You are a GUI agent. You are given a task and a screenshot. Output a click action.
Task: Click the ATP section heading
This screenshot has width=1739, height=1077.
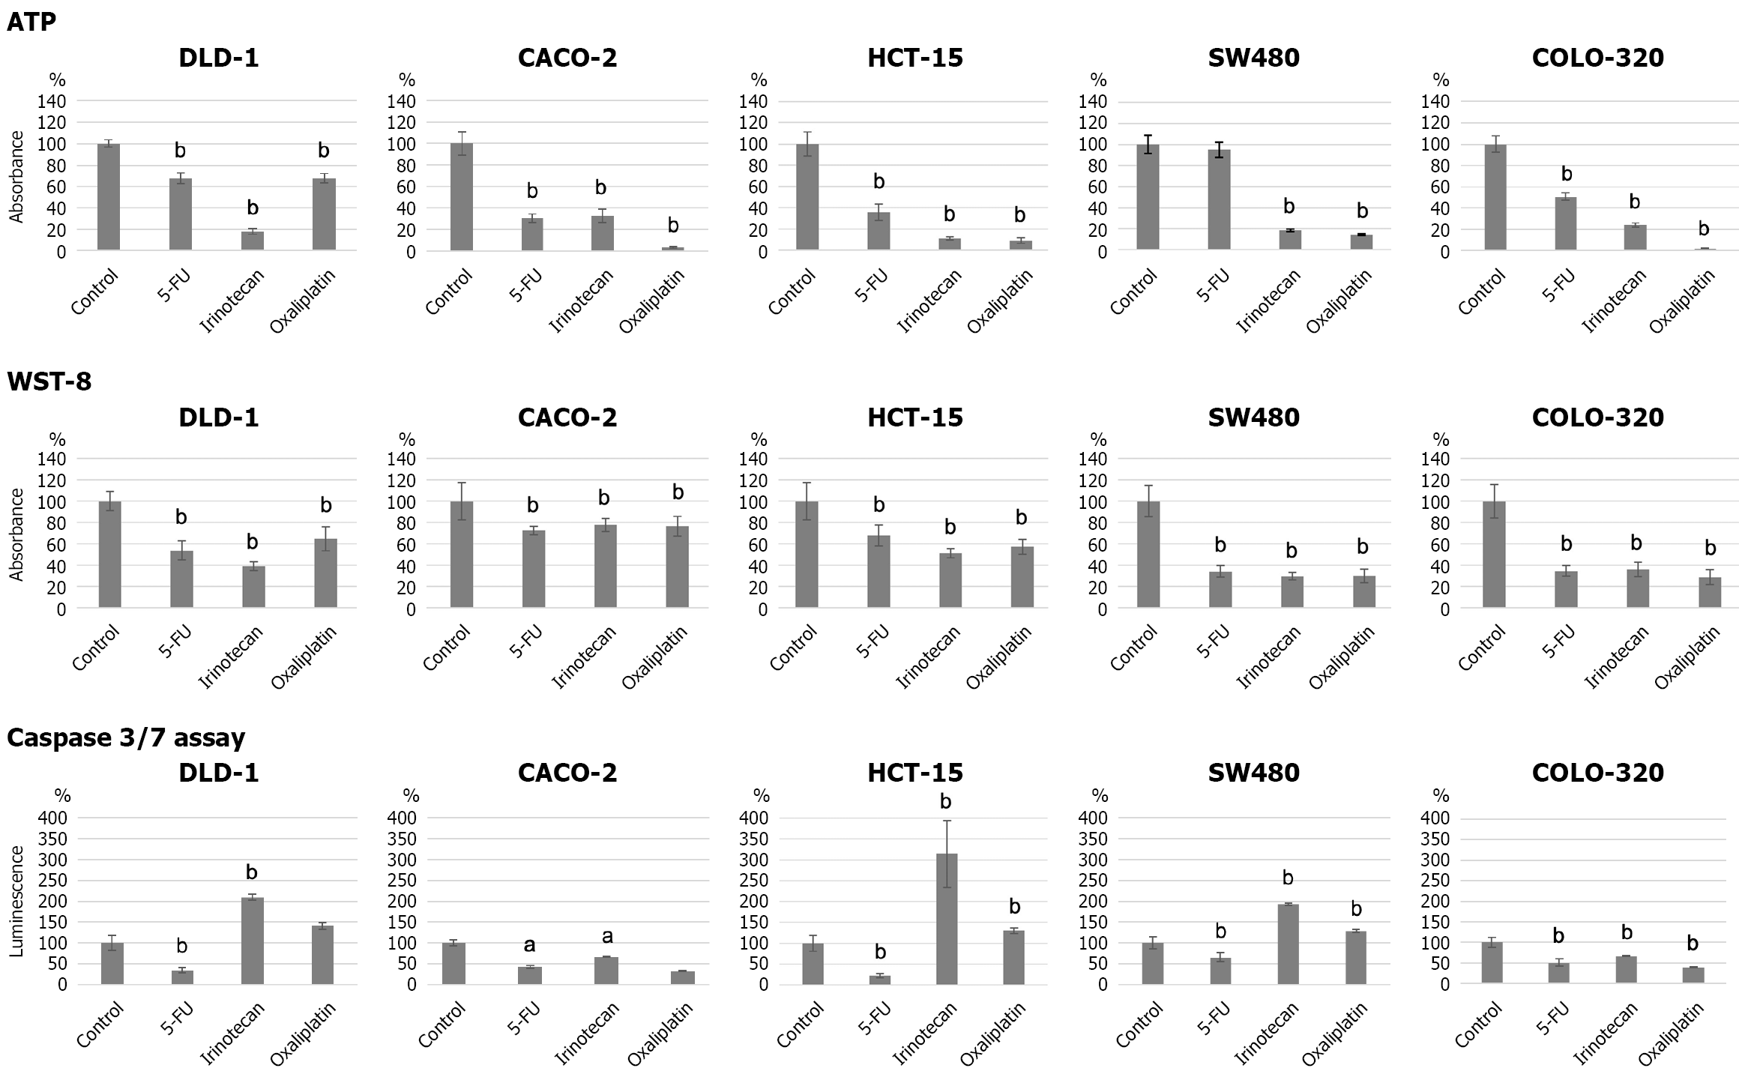point(31,22)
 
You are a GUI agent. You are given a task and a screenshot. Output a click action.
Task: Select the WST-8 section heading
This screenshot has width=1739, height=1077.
point(49,381)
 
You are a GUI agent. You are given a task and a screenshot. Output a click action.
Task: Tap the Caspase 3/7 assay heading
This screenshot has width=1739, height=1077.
point(125,738)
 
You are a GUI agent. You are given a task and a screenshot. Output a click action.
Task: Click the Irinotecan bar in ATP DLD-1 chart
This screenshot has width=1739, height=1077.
point(252,240)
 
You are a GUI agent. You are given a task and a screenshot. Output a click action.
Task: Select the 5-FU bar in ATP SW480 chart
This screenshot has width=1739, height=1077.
point(1219,199)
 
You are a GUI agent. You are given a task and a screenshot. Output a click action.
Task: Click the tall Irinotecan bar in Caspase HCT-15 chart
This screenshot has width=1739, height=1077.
point(946,918)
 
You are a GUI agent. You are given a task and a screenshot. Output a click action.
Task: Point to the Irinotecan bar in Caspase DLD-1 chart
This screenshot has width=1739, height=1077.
point(252,940)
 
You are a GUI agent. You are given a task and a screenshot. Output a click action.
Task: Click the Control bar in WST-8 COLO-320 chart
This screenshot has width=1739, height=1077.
point(1494,554)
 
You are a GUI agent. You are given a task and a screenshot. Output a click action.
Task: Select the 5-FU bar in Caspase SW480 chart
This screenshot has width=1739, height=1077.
point(1220,971)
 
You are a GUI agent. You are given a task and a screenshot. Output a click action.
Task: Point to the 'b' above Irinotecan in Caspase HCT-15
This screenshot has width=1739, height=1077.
point(945,802)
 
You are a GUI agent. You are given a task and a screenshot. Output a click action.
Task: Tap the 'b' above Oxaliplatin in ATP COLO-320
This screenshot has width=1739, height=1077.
point(1704,229)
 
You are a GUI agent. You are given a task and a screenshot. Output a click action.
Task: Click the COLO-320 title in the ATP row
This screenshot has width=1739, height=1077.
point(1597,58)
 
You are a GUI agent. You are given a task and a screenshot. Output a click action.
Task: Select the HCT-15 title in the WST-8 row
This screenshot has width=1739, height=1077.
point(914,417)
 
